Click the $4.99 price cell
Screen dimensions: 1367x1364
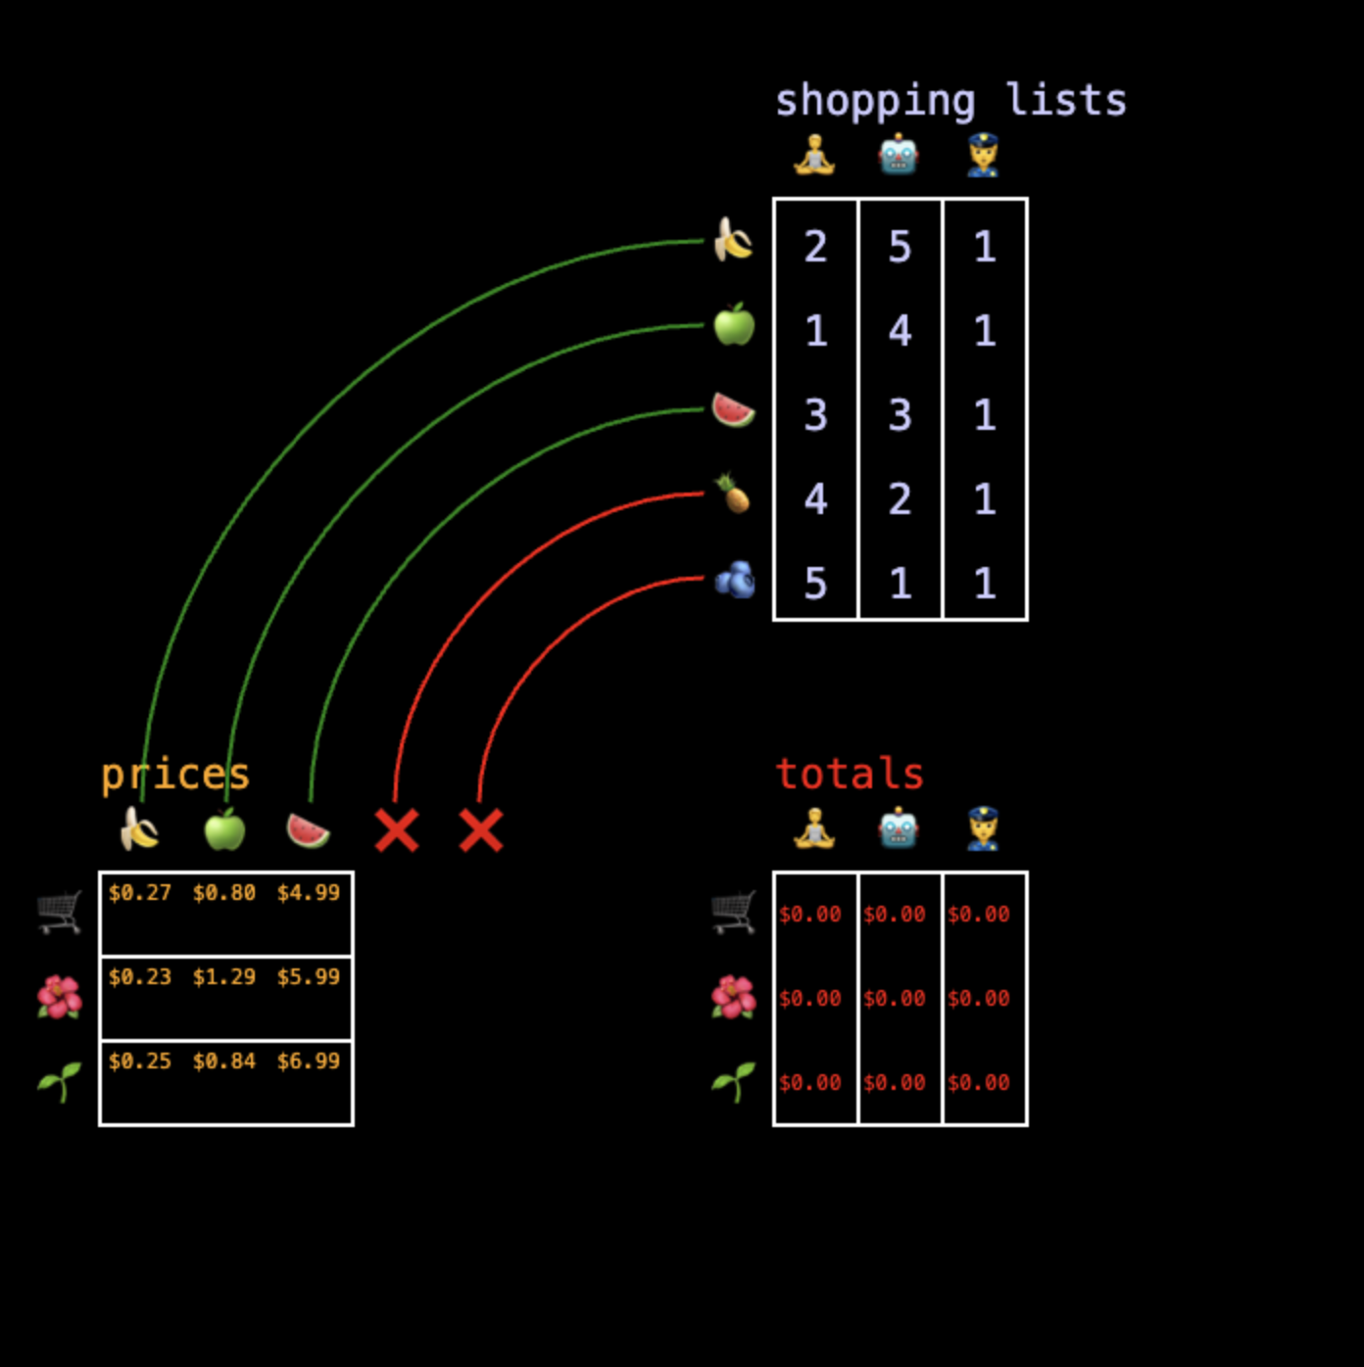point(309,892)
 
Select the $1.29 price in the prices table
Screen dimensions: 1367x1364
point(224,976)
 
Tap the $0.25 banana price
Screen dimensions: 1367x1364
point(140,1061)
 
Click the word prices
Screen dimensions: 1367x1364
point(175,775)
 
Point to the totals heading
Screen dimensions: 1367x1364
point(850,774)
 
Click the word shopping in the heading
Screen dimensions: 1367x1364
point(875,101)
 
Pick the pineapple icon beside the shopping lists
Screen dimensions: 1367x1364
point(733,494)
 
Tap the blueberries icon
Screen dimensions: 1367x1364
point(734,580)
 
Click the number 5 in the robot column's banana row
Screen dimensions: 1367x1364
point(900,247)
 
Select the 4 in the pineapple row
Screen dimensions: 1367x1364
point(815,499)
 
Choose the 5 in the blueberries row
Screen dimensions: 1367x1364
point(815,584)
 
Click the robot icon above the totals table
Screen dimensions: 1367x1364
point(899,829)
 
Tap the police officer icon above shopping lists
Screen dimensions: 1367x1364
point(983,156)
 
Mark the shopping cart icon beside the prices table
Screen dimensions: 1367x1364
point(60,912)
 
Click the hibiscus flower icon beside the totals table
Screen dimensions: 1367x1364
point(734,998)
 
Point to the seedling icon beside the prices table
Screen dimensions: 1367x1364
point(60,1082)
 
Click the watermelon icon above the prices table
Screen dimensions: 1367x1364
point(309,830)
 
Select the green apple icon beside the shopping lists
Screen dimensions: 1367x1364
point(734,325)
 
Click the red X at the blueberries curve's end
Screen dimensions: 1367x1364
point(481,830)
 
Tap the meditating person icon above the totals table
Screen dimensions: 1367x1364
point(814,829)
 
